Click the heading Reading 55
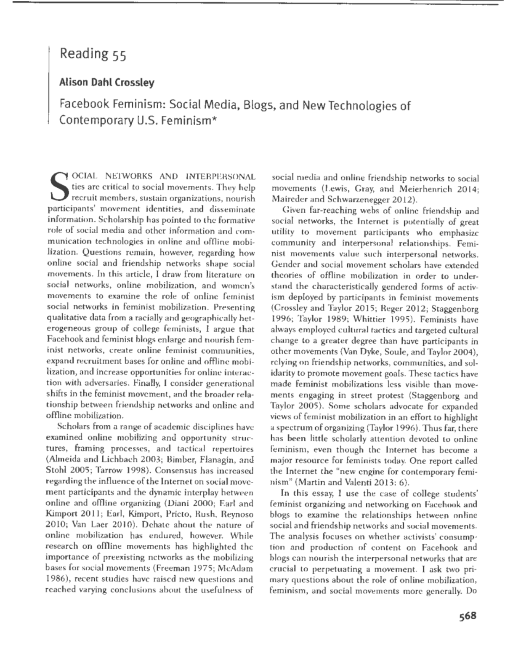(x=93, y=54)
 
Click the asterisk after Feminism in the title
(x=214, y=120)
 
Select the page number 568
(x=465, y=616)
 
